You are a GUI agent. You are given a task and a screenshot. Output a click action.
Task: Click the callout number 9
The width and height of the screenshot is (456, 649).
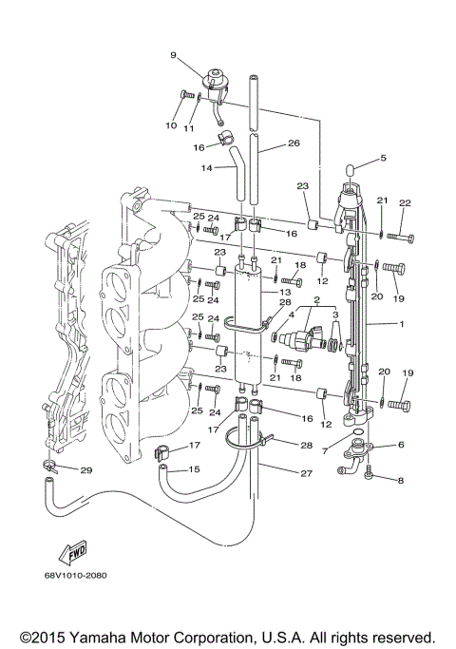(173, 56)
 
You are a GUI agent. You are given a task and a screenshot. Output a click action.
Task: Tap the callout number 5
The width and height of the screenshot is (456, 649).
(383, 158)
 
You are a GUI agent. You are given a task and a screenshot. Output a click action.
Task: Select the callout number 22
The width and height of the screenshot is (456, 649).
(404, 202)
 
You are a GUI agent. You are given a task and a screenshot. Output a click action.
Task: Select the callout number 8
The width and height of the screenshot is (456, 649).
(400, 481)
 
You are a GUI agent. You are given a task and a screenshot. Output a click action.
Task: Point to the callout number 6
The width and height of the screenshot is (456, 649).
(400, 445)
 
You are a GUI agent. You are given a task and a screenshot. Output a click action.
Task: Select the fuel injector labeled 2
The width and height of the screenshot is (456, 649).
(312, 338)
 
